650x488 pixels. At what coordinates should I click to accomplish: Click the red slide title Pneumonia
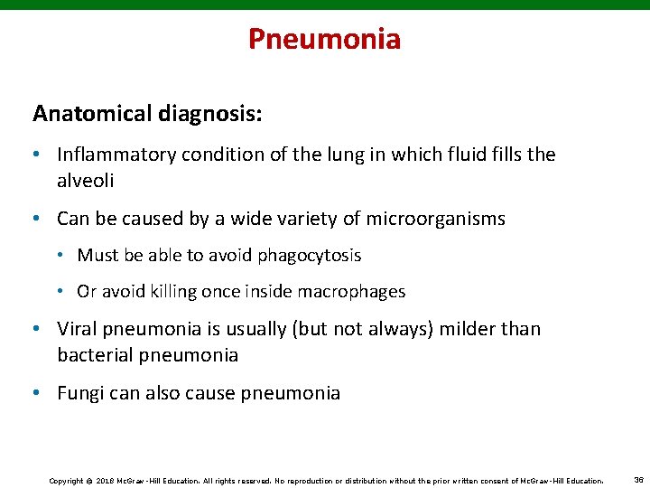click(324, 39)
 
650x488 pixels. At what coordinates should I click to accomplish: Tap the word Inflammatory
click(116, 155)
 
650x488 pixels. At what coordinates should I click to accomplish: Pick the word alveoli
click(87, 180)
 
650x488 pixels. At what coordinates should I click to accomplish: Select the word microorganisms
click(429, 219)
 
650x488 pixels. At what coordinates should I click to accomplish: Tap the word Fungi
click(80, 393)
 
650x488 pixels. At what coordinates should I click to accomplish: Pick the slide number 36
click(638, 480)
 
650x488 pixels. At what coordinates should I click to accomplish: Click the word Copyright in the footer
click(65, 480)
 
